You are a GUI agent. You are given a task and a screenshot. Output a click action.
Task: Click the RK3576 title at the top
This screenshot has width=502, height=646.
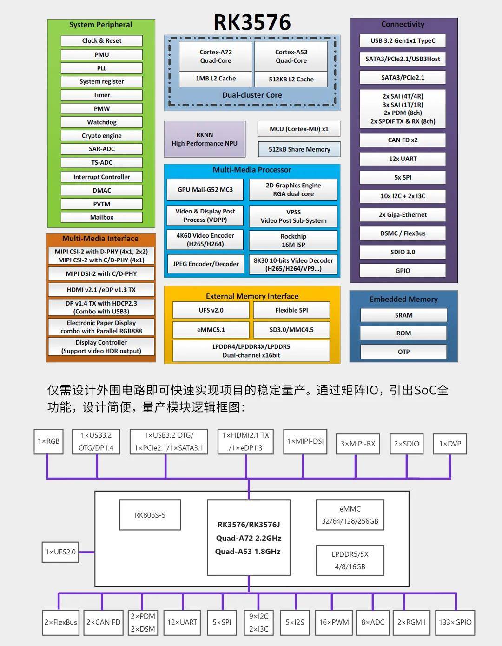[x=252, y=22]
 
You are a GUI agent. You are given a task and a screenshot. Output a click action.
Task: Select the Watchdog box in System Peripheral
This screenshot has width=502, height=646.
[x=102, y=122]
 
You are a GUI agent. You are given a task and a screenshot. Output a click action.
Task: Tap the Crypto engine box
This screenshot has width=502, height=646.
[x=102, y=135]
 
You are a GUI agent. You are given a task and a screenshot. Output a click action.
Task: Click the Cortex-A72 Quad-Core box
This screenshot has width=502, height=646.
[x=215, y=56]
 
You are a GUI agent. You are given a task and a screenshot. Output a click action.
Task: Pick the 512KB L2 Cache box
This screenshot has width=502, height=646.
[x=291, y=79]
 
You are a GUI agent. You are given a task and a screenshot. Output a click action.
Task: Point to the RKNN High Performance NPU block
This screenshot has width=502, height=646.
[x=205, y=139]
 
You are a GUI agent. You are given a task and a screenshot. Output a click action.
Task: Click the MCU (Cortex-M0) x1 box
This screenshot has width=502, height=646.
[x=299, y=129]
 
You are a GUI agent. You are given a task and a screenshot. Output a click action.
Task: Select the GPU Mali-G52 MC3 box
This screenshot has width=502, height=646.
[x=205, y=189]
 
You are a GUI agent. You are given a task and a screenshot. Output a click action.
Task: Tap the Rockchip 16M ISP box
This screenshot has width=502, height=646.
[x=293, y=240]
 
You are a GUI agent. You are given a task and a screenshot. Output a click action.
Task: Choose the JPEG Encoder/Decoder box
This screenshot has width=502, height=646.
[x=206, y=264]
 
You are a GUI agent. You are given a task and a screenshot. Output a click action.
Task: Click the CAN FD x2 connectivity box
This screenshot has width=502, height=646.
[x=403, y=140]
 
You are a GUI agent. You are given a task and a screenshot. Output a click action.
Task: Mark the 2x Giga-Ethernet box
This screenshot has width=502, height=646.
[x=403, y=215]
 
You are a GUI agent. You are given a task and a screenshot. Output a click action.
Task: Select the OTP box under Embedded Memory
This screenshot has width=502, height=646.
[x=403, y=352]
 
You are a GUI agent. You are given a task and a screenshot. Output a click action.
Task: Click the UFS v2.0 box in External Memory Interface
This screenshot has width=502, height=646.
[x=211, y=310]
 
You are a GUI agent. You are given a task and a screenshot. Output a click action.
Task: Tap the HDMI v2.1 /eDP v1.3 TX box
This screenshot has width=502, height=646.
[x=101, y=290]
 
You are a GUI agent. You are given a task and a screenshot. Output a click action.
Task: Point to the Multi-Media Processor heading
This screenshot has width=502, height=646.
[x=252, y=170]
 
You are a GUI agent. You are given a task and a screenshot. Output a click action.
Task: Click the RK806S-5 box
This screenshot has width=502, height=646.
[x=150, y=515]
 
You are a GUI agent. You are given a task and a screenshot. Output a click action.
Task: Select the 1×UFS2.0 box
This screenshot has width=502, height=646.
[x=60, y=552]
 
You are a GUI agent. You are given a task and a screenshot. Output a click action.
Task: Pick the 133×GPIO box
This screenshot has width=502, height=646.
[x=455, y=622]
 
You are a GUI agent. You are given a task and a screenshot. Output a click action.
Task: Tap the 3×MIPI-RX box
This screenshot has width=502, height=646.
[x=358, y=444]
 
